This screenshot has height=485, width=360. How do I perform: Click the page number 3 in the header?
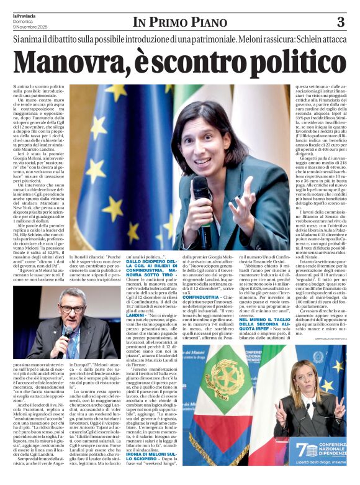[340, 22]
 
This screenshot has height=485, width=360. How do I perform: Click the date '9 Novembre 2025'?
[32, 27]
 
